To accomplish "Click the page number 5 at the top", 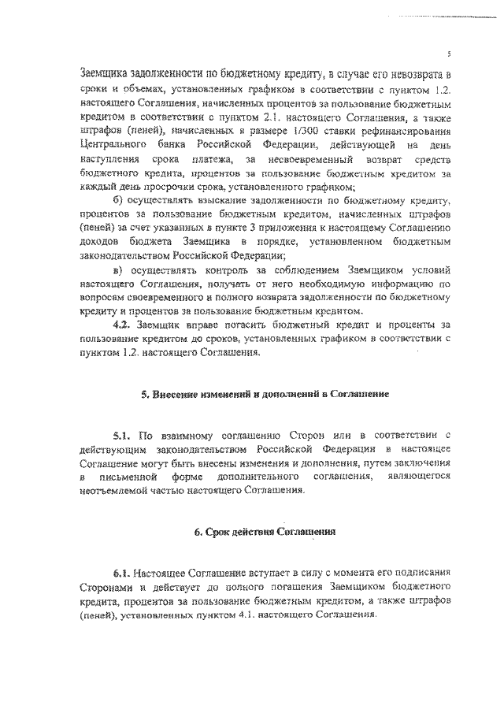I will [448, 54].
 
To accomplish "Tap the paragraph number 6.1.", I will [121, 574].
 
